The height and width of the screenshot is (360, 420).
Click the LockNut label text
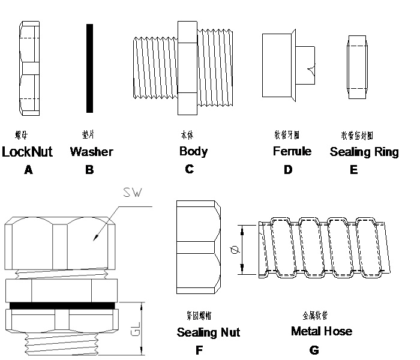[28, 152]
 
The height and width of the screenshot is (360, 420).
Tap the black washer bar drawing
[89, 68]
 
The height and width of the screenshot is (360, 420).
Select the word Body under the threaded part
[193, 151]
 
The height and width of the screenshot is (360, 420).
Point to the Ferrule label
[292, 151]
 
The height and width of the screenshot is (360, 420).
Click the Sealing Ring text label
[364, 152]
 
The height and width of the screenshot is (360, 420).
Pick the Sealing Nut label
[208, 332]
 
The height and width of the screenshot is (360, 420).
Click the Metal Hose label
[321, 331]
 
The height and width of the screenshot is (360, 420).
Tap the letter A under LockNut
[28, 170]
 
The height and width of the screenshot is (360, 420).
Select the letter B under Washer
[89, 170]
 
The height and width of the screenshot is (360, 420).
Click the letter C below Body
[189, 169]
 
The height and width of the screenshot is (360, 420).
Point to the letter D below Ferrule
[288, 170]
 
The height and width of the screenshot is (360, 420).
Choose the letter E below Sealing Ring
[353, 170]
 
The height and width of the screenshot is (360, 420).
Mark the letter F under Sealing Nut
[199, 350]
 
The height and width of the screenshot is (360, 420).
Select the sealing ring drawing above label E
[358, 67]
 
